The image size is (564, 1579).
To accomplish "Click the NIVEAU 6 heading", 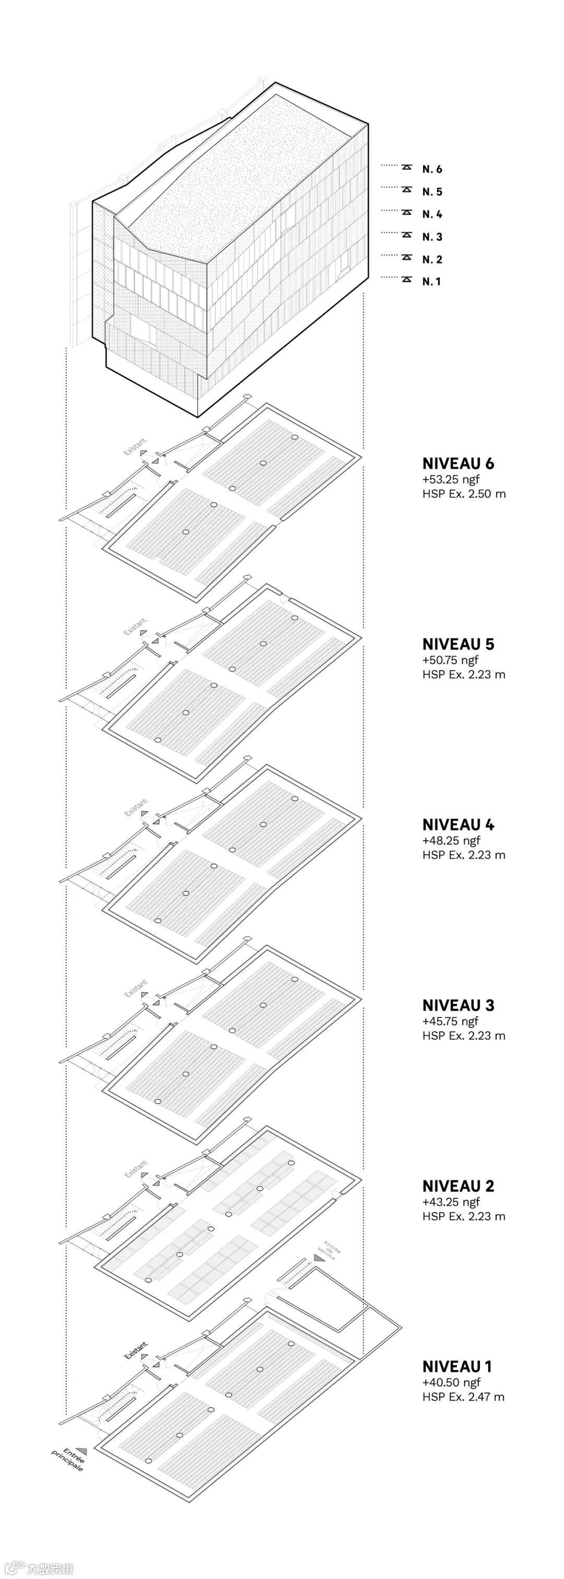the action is [458, 463].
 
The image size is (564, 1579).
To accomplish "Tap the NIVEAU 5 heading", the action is [458, 644].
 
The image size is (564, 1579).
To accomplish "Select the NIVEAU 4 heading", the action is [458, 824].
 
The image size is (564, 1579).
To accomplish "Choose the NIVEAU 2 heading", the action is [458, 1186].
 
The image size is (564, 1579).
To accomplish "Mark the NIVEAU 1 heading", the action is [457, 1366].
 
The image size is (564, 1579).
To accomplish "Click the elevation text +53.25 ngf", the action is [451, 479].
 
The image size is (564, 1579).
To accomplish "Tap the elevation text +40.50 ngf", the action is [451, 1382].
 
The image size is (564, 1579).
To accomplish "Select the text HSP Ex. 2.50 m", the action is [464, 494].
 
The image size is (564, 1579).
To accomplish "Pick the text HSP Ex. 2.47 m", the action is [463, 1397].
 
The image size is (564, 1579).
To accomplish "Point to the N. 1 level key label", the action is [431, 282].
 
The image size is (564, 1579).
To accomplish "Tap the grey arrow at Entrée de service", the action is [318, 1258].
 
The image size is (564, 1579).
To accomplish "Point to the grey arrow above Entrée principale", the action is [81, 1452].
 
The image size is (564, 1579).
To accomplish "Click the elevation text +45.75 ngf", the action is [451, 1021].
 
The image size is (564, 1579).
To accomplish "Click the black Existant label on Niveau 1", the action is [136, 1350].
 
